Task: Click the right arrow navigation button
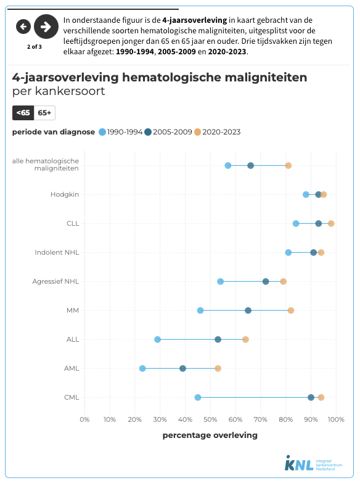(x=46, y=26)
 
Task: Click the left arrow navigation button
(x=23, y=26)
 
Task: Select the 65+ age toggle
(x=44, y=112)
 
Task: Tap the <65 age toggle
(x=23, y=112)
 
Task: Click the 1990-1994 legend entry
(x=121, y=132)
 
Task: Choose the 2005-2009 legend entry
(x=168, y=132)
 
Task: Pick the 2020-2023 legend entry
(x=217, y=132)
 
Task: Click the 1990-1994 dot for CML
(x=198, y=397)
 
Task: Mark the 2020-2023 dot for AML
(x=218, y=368)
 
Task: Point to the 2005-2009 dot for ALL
(x=218, y=339)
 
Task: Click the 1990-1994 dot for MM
(x=200, y=310)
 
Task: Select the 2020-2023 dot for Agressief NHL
(x=284, y=281)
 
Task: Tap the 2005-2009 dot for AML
(x=182, y=368)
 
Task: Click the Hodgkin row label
(x=65, y=194)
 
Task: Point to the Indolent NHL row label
(x=57, y=252)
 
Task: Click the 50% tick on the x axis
(x=210, y=420)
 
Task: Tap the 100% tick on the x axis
(x=335, y=420)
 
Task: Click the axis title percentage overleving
(x=210, y=435)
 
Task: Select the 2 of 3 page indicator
(x=34, y=46)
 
